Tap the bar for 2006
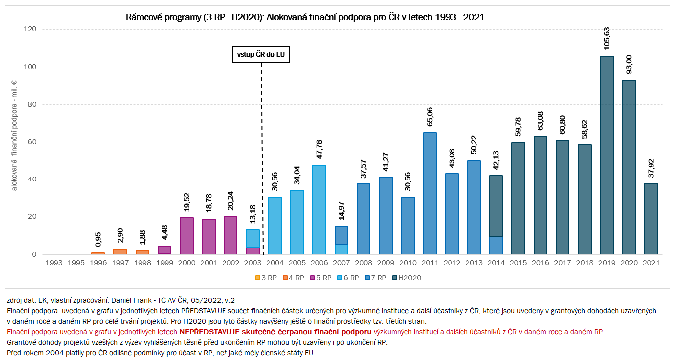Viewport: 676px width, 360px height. tap(319, 209)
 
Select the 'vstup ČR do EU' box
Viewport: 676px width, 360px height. tap(261, 54)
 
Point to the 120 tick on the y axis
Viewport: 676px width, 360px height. tap(30, 29)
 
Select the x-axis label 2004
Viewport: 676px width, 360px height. tap(275, 262)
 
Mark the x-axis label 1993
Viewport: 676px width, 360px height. tap(54, 262)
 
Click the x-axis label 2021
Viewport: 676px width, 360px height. tap(651, 262)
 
